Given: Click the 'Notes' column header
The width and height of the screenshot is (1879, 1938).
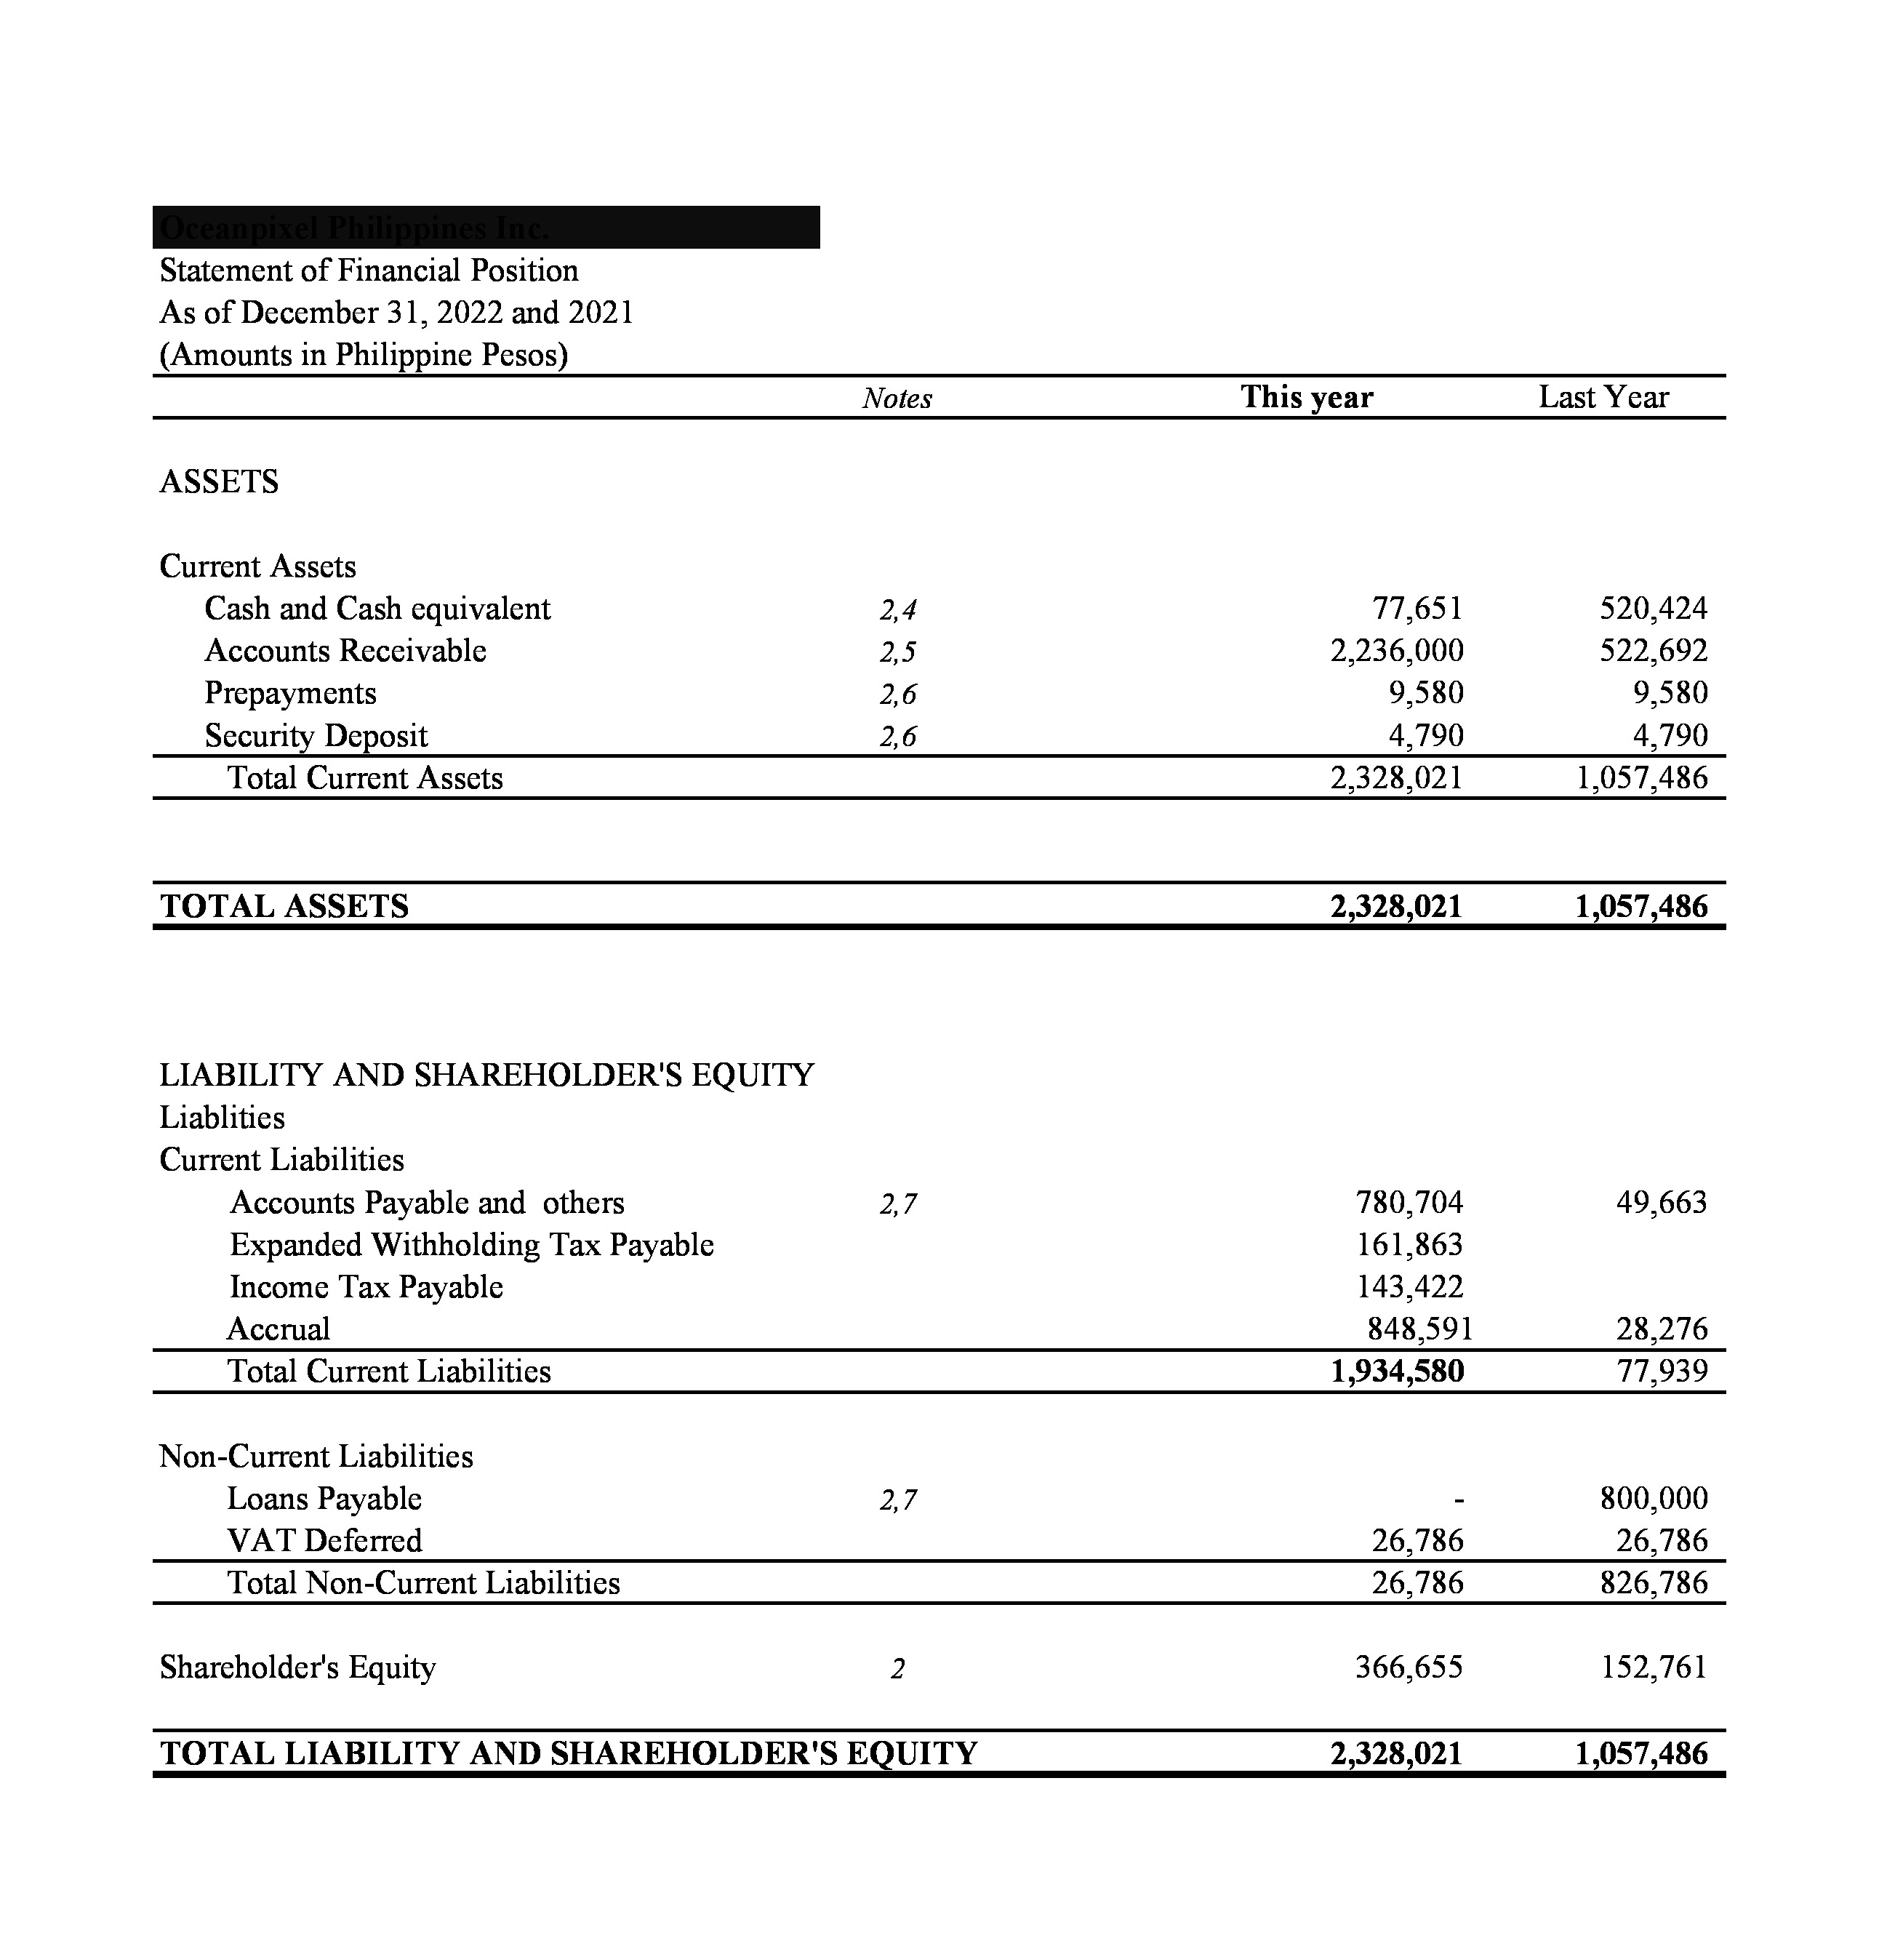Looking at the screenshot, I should [896, 399].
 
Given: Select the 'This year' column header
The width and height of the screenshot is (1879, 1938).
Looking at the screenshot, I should [1307, 398].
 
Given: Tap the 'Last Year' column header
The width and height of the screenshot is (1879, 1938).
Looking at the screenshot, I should [1603, 398].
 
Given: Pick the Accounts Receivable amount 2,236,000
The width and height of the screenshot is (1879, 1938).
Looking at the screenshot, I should [1396, 651].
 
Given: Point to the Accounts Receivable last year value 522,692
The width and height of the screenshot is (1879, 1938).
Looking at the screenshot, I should [1654, 651].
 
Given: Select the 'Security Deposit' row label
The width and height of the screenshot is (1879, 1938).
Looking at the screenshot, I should [316, 736].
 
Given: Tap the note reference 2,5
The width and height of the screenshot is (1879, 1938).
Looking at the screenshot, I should [897, 652].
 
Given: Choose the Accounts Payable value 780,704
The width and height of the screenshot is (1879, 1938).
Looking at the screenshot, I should [1409, 1202].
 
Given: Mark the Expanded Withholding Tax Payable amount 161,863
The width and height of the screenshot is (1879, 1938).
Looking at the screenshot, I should [1409, 1245].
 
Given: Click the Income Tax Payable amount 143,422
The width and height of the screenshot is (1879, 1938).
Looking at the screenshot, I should [1409, 1287].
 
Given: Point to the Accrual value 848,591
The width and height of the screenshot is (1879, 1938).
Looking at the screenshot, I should [1419, 1329].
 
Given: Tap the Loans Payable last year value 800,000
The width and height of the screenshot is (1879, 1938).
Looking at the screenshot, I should [1654, 1499].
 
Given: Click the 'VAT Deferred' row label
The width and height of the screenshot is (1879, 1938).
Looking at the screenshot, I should [324, 1540].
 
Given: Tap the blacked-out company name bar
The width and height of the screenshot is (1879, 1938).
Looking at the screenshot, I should [486, 228].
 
